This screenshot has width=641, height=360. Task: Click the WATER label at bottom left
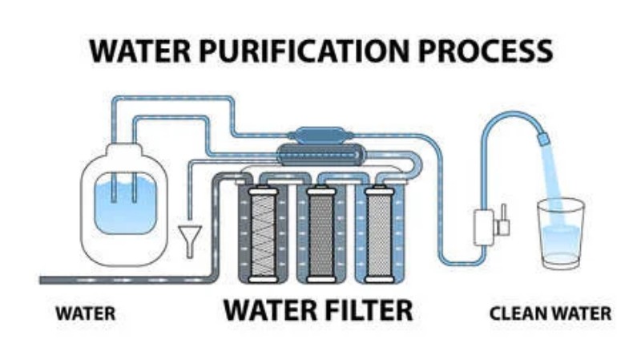pos(85,313)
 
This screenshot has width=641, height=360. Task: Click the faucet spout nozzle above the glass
pos(543,140)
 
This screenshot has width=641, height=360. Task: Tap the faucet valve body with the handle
pos(487,225)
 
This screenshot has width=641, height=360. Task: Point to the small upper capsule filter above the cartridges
pos(318,135)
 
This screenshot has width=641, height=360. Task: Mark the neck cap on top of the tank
pos(123,149)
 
